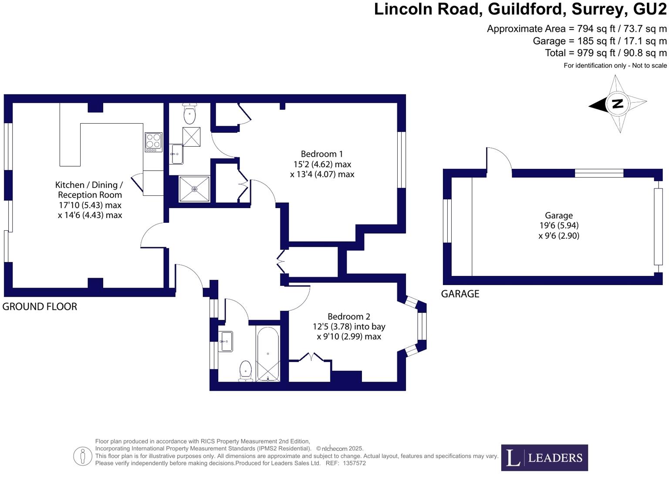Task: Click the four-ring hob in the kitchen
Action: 153,142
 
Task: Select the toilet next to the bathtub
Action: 246,371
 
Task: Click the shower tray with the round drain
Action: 194,189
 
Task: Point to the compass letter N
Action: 618,104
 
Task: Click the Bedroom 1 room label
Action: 322,154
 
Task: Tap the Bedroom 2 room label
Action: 349,316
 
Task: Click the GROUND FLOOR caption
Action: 40,307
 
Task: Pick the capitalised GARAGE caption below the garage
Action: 460,294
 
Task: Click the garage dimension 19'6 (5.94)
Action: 559,225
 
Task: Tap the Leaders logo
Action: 544,457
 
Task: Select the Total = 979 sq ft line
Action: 605,53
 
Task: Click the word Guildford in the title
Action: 527,9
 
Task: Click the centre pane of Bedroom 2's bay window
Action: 422,326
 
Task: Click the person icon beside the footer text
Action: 82,457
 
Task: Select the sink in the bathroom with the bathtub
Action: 226,341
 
